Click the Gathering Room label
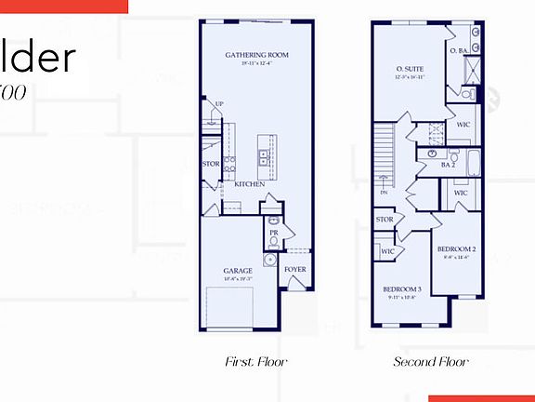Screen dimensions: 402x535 (x=257, y=55)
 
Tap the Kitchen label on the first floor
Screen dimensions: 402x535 (x=249, y=184)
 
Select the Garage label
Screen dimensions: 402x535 (x=238, y=272)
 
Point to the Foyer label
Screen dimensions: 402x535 (x=295, y=270)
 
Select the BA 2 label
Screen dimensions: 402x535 (x=448, y=165)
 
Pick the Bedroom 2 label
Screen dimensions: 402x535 (x=457, y=249)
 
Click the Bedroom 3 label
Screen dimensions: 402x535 (x=401, y=289)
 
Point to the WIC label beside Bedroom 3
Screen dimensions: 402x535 (x=387, y=250)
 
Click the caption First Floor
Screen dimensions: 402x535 (x=255, y=361)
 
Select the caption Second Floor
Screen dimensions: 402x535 (x=431, y=361)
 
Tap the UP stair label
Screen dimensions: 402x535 (x=219, y=104)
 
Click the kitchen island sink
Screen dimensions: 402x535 (x=265, y=155)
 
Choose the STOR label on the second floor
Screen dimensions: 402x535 (x=385, y=220)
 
